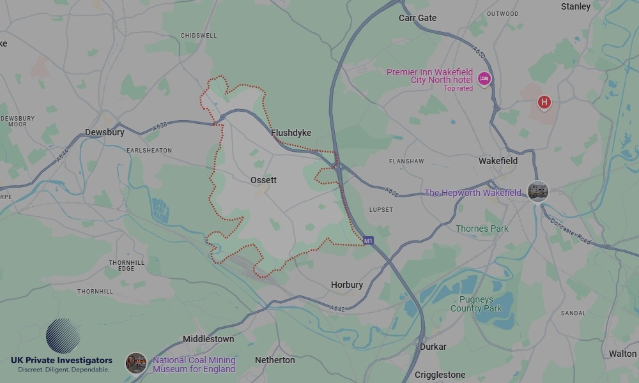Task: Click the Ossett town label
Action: click(x=264, y=180)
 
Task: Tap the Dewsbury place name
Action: click(x=104, y=133)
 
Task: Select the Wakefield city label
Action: click(x=498, y=161)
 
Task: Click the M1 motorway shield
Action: click(x=368, y=241)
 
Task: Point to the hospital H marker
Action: click(x=544, y=101)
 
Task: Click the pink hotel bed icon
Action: click(x=484, y=79)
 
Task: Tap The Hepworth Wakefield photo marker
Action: click(x=538, y=191)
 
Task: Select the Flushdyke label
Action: click(x=291, y=133)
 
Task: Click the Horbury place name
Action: click(x=347, y=285)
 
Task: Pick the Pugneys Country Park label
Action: click(x=476, y=304)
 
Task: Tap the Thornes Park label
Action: click(x=482, y=229)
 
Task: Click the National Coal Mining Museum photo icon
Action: click(x=135, y=363)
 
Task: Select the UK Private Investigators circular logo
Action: click(x=63, y=336)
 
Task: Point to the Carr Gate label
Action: click(x=417, y=18)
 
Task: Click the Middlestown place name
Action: click(x=208, y=339)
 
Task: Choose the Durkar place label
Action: click(x=433, y=347)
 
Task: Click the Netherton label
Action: click(x=275, y=360)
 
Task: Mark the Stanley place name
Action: click(x=575, y=6)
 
